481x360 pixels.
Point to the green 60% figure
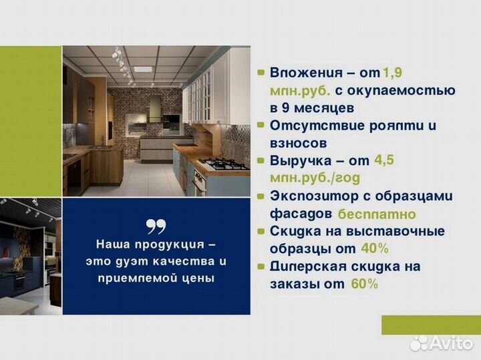click(x=364, y=284)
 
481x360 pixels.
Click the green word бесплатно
click(x=377, y=214)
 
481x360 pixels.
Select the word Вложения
click(x=301, y=73)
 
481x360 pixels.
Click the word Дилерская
click(x=307, y=266)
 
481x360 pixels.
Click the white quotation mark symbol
click(x=156, y=226)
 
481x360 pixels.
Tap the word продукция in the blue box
click(x=168, y=244)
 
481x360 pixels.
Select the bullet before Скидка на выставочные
click(x=261, y=232)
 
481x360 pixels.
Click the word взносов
click(x=299, y=142)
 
